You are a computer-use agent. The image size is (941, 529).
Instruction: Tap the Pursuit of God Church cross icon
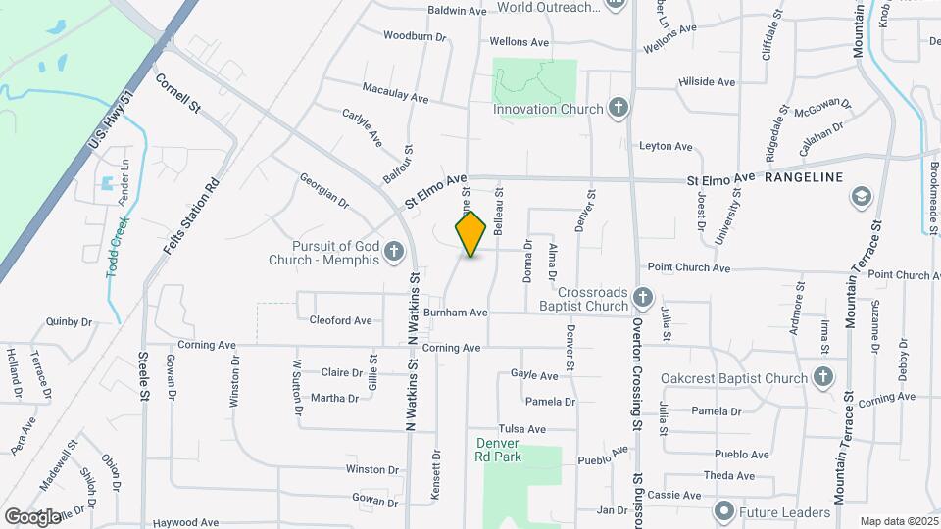point(394,253)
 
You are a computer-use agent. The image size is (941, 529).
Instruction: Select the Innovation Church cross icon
point(618,108)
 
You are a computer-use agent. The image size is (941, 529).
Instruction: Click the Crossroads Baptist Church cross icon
point(643,298)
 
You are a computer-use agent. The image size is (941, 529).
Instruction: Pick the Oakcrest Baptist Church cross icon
point(823,377)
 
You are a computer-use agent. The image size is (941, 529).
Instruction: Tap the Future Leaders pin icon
point(724,511)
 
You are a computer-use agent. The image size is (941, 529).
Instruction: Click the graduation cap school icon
point(862,198)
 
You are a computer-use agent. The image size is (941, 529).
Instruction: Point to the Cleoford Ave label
point(340,320)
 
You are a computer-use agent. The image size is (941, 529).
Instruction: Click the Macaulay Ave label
point(396,99)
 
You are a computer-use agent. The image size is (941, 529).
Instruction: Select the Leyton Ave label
point(666,147)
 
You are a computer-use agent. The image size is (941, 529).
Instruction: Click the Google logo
point(32,516)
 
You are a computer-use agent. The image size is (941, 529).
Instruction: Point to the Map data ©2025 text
point(899,521)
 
